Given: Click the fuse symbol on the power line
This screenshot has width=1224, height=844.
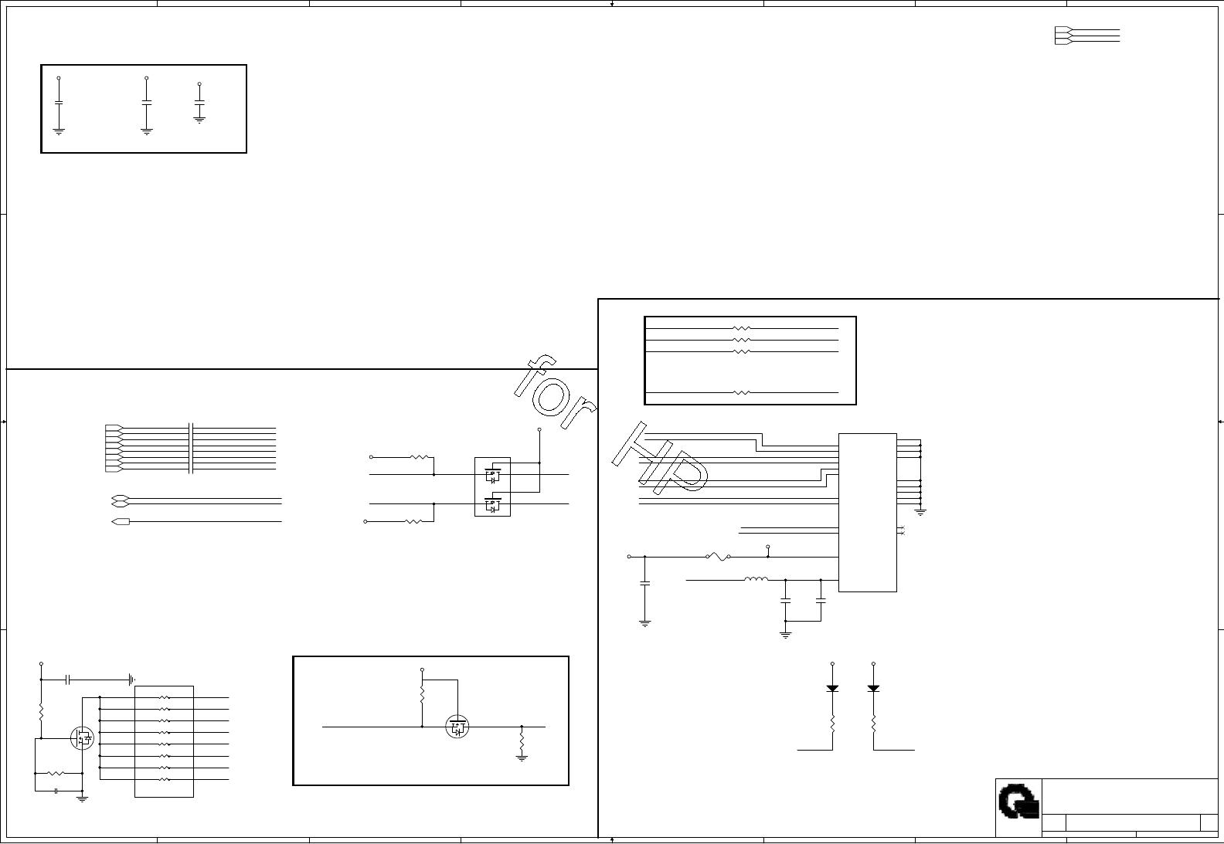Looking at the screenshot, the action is click(718, 557).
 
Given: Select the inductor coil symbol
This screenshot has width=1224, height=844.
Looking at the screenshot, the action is click(756, 579).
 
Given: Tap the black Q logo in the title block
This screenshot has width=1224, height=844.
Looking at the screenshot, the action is click(1018, 802).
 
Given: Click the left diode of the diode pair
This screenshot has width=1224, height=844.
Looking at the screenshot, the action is click(832, 688).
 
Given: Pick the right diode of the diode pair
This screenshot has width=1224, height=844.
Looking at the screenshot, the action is click(873, 688).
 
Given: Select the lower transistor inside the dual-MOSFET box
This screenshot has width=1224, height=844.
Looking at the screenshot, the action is click(492, 506).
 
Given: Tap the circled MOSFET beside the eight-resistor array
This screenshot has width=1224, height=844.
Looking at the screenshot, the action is click(83, 738).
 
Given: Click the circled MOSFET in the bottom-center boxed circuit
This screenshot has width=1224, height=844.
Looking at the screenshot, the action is click(457, 727).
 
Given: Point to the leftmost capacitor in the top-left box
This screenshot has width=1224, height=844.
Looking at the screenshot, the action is click(59, 103).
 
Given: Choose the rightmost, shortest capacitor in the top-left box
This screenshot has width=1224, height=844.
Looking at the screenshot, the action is click(199, 102).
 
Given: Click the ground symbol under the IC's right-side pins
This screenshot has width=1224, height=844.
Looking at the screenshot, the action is click(920, 511).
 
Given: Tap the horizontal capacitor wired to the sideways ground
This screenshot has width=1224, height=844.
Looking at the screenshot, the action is click(68, 680).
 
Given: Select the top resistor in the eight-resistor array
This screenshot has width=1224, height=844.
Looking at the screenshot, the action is click(164, 697).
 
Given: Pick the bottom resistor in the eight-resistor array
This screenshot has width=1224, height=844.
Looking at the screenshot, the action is click(164, 780).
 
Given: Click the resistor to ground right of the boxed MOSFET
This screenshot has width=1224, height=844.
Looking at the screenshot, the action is click(522, 742).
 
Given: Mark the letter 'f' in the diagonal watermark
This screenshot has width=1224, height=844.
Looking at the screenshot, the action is click(536, 375).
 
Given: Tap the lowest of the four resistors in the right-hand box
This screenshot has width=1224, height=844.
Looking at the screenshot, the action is click(741, 393).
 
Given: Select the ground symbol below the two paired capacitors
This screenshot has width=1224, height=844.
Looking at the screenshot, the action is click(786, 635).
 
